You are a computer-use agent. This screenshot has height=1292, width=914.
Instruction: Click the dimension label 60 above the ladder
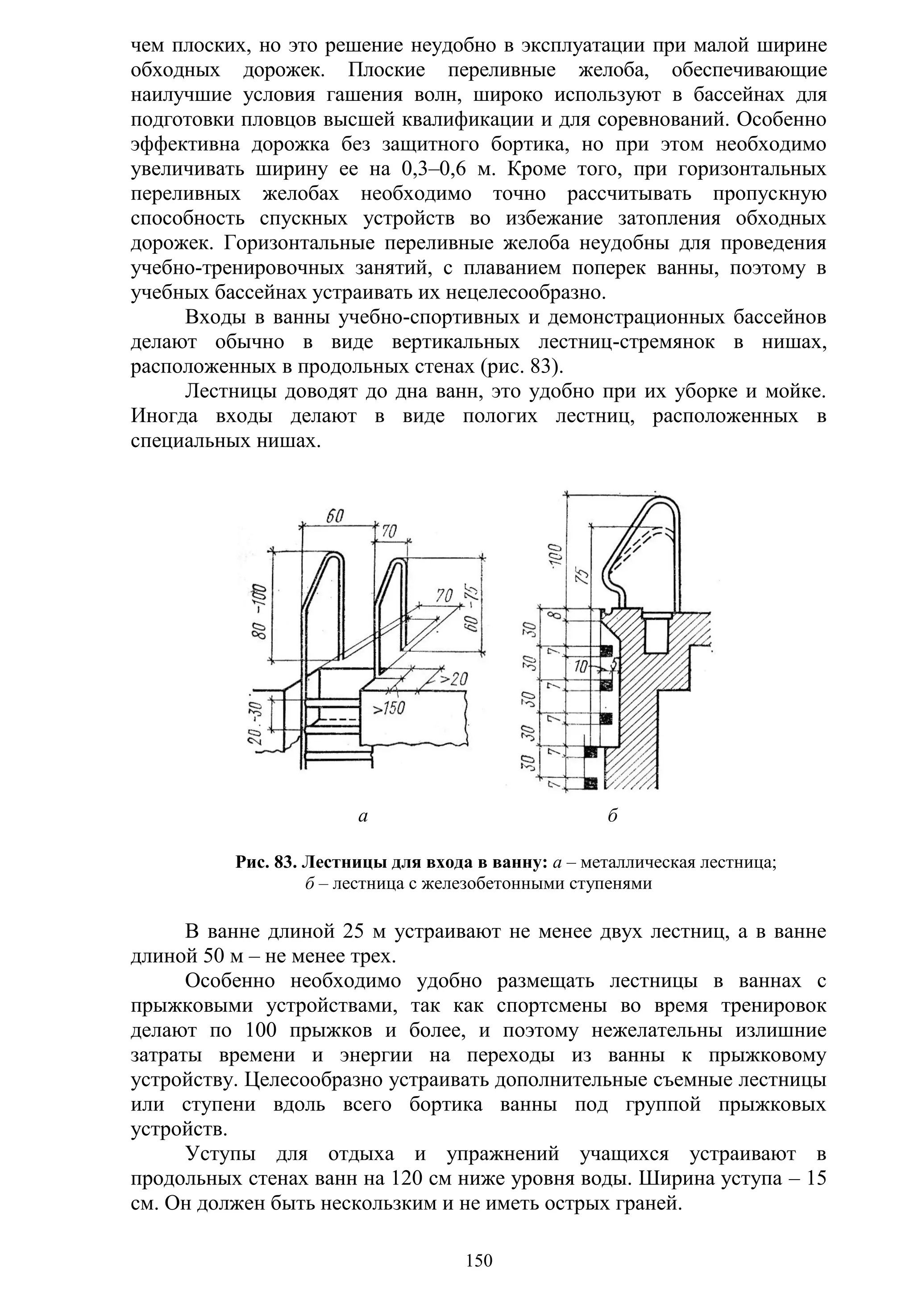336,516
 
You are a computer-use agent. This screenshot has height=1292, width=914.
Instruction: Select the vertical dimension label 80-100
259,612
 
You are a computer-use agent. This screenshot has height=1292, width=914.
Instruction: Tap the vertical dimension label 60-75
472,609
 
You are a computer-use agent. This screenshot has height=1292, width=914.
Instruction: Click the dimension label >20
453,679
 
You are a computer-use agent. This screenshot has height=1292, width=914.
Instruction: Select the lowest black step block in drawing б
590,783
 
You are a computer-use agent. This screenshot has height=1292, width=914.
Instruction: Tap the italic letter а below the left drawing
363,816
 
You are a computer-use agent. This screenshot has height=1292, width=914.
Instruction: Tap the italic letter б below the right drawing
613,816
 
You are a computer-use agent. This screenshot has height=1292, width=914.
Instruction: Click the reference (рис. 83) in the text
522,368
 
